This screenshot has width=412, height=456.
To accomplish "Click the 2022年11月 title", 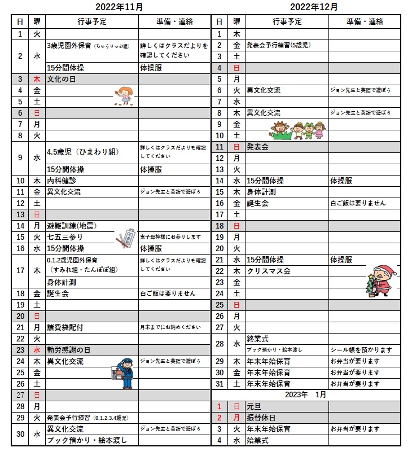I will [x=119, y=7].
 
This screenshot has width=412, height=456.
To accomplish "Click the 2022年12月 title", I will [x=314, y=7].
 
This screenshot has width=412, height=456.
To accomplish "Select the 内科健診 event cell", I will [x=62, y=181].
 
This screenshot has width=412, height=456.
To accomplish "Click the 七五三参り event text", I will [x=65, y=237].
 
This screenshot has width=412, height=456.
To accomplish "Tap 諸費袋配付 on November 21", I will [x=65, y=327].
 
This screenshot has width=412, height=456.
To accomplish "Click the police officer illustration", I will [x=124, y=373].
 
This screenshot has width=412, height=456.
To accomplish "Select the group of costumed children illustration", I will [x=297, y=130].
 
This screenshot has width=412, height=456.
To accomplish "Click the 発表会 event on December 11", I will [x=257, y=147].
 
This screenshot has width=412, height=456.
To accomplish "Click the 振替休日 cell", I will [x=261, y=418].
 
